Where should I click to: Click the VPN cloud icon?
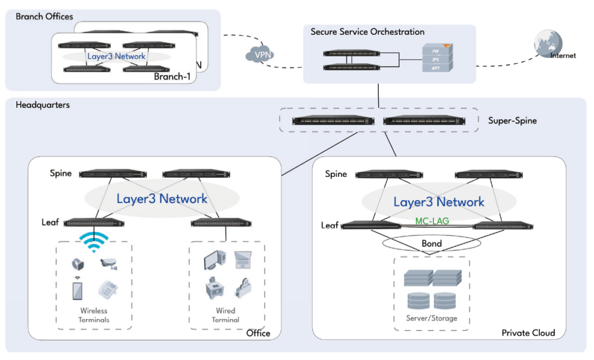(x=259, y=54)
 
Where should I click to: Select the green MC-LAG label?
(x=432, y=221)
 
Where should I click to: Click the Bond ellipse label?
(x=432, y=243)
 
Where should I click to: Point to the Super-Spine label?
(x=512, y=121)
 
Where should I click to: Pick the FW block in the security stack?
(x=435, y=51)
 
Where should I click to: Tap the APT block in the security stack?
(x=435, y=68)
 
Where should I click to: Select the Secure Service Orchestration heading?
(x=367, y=32)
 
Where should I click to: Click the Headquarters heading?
(x=42, y=105)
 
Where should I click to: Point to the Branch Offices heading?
(x=44, y=16)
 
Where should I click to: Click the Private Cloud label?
(x=528, y=333)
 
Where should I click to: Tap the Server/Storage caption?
(x=432, y=318)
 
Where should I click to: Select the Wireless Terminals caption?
(x=94, y=315)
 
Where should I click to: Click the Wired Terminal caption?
(x=226, y=315)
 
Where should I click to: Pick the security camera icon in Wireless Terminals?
(x=108, y=264)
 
